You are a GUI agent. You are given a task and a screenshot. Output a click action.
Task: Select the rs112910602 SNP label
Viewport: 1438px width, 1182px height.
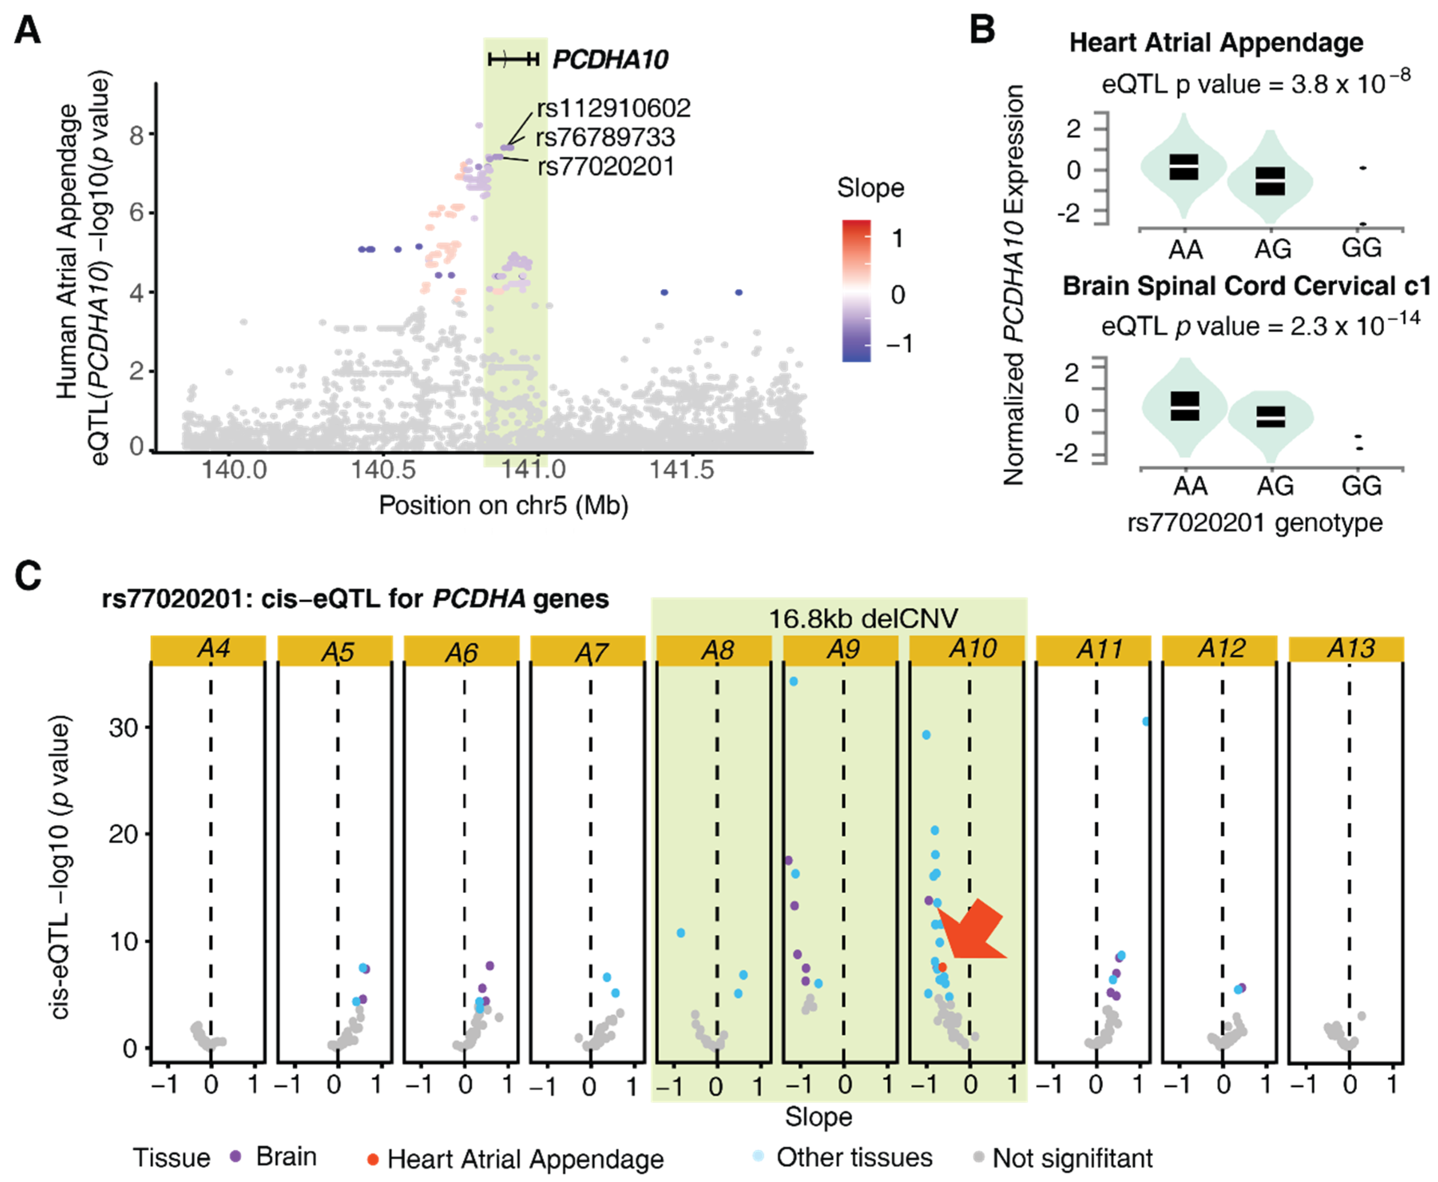(x=613, y=107)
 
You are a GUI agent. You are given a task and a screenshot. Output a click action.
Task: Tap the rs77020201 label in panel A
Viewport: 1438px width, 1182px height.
(x=606, y=166)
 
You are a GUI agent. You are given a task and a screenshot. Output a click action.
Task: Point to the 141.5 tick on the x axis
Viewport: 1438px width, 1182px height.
(x=682, y=469)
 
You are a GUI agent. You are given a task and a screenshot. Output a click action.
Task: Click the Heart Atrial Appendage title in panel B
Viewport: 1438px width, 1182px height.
(x=1216, y=42)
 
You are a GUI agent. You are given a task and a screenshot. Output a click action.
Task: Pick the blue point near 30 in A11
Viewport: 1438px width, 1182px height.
(x=1146, y=721)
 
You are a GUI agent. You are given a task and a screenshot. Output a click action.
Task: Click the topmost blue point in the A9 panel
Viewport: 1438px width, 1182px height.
(x=793, y=681)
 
